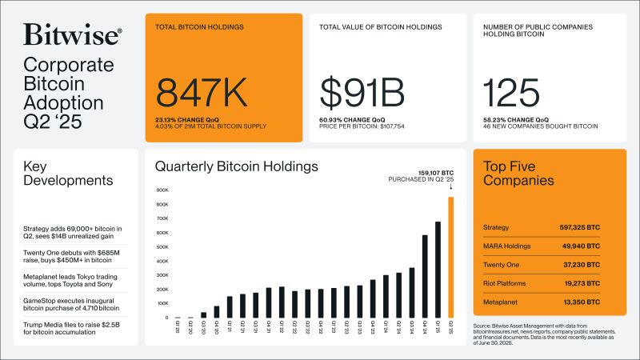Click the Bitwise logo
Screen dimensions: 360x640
tap(73, 35)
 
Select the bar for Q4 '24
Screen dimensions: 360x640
tap(425, 276)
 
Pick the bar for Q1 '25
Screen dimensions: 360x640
tap(438, 270)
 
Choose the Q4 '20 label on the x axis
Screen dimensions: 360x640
tap(217, 326)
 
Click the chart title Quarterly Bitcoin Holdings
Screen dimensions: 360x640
tap(236, 167)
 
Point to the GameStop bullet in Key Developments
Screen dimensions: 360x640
tap(71, 303)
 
